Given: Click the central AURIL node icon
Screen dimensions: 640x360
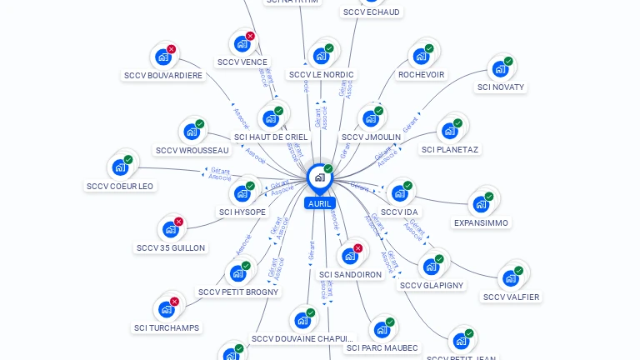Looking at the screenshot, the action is [x=319, y=177].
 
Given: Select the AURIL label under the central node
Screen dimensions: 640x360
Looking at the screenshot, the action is [x=320, y=203].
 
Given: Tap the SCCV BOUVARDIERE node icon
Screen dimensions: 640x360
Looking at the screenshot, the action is [x=162, y=57].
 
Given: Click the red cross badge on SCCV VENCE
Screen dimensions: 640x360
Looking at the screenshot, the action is [x=250, y=36].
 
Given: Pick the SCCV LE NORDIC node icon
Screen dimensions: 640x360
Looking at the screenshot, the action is [x=321, y=57].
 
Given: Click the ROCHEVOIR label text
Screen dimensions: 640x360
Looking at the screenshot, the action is [x=421, y=75].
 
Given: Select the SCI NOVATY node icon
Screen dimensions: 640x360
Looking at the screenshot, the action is [x=500, y=69].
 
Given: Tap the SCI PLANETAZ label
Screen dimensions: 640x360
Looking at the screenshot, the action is [x=451, y=150].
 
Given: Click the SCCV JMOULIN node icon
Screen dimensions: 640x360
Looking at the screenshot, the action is [x=371, y=118].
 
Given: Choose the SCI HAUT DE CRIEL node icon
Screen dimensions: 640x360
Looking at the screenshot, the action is [x=270, y=118].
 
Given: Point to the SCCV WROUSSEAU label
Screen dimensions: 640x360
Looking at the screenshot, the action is [x=192, y=151].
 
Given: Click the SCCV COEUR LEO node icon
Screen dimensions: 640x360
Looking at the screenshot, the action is [x=120, y=167].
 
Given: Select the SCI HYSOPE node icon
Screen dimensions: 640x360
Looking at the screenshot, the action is [x=242, y=194].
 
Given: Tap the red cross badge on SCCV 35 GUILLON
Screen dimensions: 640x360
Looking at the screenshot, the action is [x=178, y=222].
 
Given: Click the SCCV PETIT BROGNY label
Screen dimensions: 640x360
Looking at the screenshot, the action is [x=238, y=292].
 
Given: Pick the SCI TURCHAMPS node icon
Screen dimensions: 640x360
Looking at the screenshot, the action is [x=167, y=310].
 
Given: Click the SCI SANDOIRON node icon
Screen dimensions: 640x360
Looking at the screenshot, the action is [x=350, y=256].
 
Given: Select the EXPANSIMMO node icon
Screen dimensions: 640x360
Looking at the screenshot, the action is [x=481, y=205].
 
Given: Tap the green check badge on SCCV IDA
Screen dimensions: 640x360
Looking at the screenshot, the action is [x=407, y=186].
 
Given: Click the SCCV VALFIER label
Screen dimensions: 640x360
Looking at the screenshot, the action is [x=511, y=297].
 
